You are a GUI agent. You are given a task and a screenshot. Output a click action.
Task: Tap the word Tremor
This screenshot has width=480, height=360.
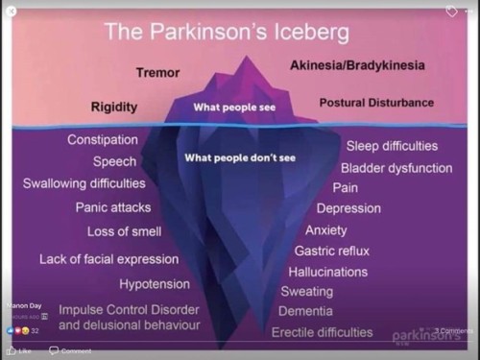[x=157, y=72]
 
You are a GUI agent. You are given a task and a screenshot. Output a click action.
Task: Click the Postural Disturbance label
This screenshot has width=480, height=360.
[x=375, y=102]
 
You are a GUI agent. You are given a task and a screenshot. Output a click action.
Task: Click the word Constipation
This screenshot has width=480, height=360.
[x=102, y=140]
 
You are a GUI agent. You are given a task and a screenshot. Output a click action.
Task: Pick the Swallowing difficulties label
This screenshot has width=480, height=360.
[x=84, y=183]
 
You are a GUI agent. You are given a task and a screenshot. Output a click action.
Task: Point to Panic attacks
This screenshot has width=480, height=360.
[x=113, y=207]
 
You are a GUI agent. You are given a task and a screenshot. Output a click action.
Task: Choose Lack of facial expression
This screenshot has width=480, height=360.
[x=108, y=259]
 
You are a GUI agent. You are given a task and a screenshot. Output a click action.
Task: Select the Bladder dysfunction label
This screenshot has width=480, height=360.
[x=396, y=168]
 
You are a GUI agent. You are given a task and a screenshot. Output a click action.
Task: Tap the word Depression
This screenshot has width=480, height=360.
[x=348, y=208]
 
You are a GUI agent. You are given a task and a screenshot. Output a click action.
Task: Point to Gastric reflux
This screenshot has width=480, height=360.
[x=332, y=251]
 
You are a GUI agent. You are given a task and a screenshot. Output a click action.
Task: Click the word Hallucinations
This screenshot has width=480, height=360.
[x=327, y=272]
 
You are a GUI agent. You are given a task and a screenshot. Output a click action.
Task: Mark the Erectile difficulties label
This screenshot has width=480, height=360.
[x=322, y=332]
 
